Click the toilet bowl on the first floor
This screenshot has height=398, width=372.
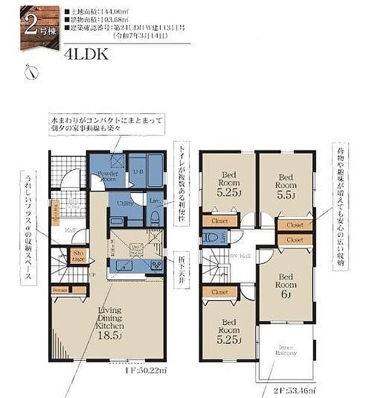(x=154, y=217)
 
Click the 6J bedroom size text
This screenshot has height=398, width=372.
(x=286, y=295)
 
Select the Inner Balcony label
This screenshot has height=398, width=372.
(x=286, y=349)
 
